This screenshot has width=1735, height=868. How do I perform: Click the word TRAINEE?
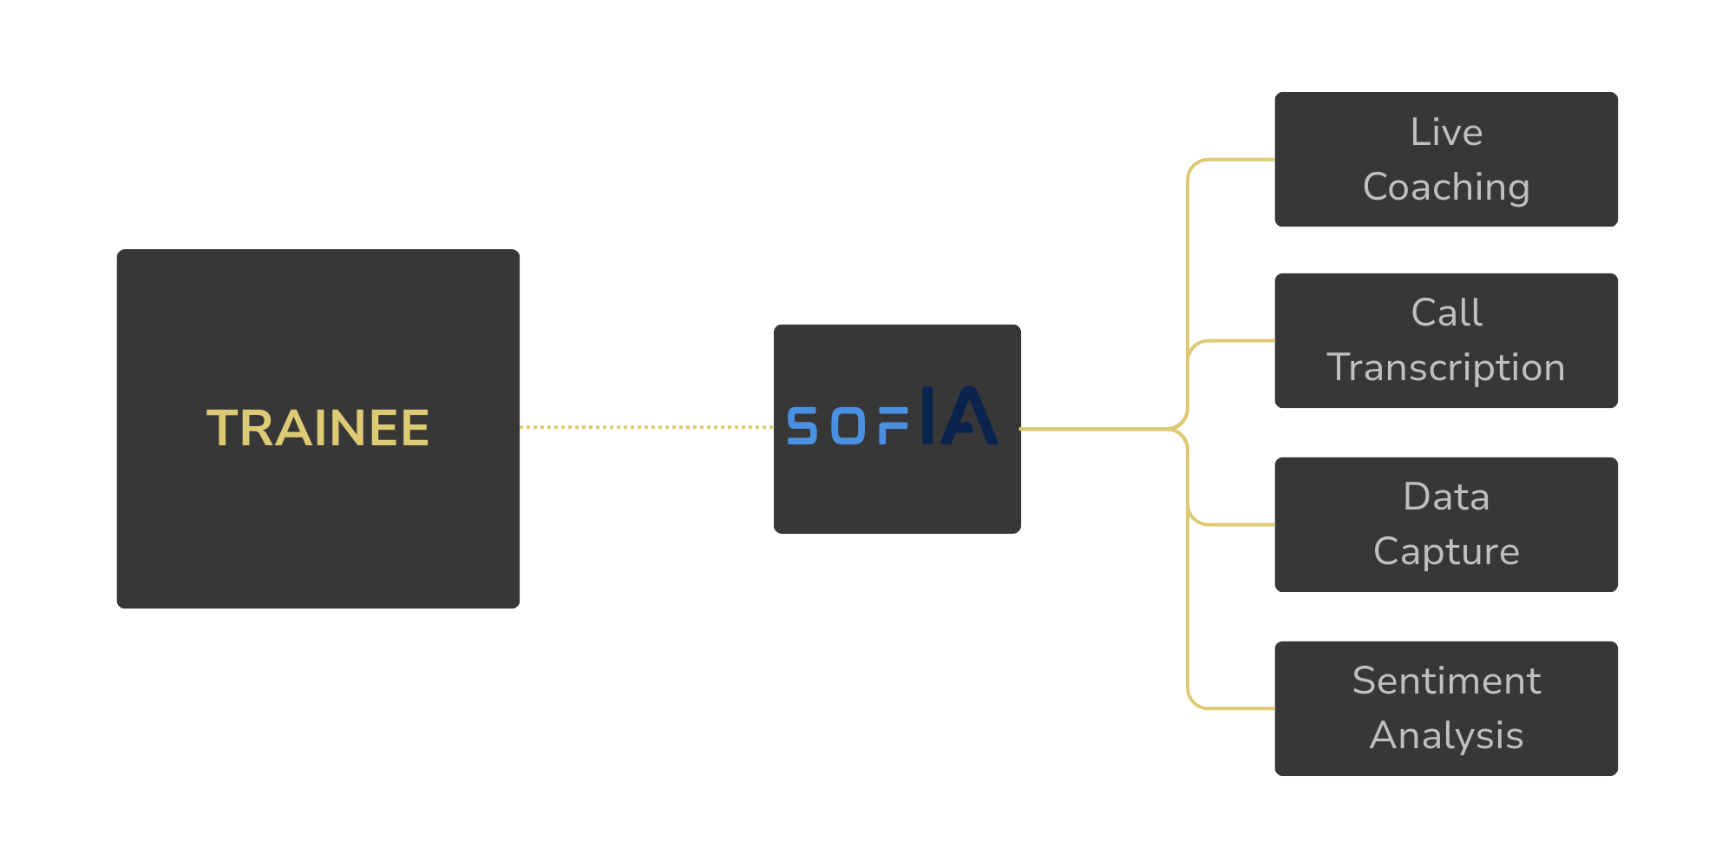[318, 429]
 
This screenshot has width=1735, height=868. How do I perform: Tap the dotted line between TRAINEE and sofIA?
[646, 427]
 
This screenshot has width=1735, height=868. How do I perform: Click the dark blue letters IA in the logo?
[959, 416]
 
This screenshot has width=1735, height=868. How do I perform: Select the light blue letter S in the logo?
[802, 426]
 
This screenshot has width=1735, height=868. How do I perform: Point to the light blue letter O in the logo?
[848, 426]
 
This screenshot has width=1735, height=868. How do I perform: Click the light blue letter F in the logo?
[893, 426]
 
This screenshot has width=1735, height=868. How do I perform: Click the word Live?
[1446, 133]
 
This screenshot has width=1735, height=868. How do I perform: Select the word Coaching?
[1446, 187]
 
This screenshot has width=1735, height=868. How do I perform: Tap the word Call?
[1446, 313]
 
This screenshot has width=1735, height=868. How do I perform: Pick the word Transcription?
[1446, 368]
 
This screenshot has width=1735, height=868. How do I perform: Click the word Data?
[1446, 497]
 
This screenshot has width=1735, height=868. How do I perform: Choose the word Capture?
[1446, 552]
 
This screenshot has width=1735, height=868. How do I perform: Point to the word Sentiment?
[1446, 681]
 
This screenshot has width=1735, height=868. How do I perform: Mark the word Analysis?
[1446, 736]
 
